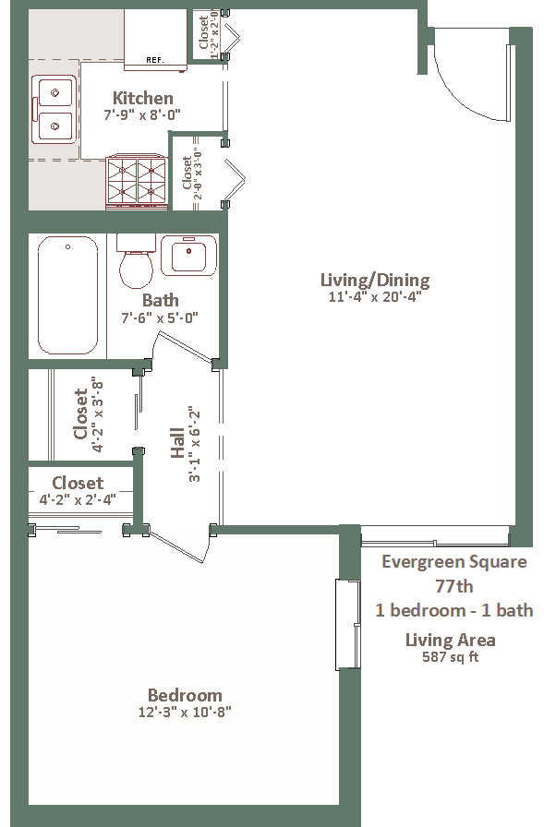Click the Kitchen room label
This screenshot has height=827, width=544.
click(x=143, y=98)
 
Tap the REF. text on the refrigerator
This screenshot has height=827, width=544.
click(x=155, y=60)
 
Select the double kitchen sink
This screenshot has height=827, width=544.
click(x=54, y=109)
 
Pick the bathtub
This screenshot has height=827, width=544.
click(x=68, y=295)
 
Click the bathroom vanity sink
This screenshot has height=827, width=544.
click(x=189, y=256)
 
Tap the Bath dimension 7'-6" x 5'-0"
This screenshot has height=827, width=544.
click(x=160, y=318)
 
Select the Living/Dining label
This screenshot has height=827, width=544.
click(x=375, y=280)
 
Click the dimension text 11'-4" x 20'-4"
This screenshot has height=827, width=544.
click(x=375, y=296)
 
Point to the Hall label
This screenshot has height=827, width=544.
click(x=178, y=443)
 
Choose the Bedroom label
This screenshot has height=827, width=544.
click(x=185, y=695)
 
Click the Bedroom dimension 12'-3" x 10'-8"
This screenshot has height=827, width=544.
click(x=185, y=712)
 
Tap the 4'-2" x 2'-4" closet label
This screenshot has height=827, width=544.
click(x=78, y=499)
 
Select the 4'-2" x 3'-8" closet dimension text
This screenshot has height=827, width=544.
click(x=97, y=414)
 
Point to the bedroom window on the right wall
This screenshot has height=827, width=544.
click(x=348, y=625)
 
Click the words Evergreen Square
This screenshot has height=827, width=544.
click(x=454, y=562)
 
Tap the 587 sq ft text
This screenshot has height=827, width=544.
click(x=451, y=657)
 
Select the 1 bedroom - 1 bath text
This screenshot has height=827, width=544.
click(x=454, y=610)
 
